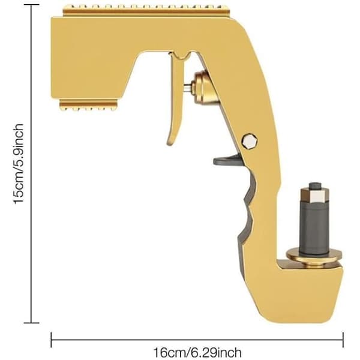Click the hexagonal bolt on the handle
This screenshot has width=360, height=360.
point(250,141)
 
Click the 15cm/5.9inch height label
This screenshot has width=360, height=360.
point(19,164)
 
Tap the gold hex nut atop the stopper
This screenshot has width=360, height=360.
point(315,195)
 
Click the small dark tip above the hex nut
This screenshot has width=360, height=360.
point(315,186)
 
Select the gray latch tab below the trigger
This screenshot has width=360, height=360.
point(227,160)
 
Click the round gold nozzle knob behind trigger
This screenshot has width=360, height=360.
point(203,88)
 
